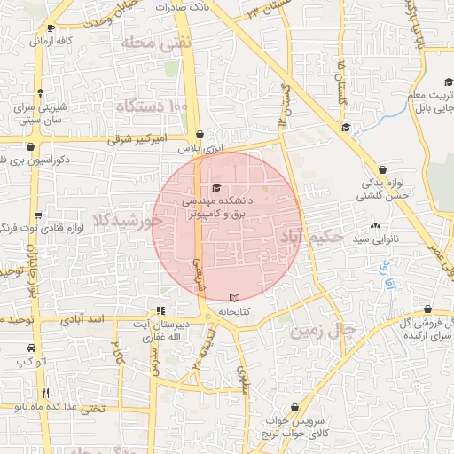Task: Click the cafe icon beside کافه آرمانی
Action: tap(32, 41)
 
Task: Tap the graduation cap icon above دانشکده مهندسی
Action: tap(217, 187)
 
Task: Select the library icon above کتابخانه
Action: tap(234, 298)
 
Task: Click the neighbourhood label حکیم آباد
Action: tap(311, 237)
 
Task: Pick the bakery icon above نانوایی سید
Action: tap(376, 226)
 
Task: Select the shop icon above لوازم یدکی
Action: tap(381, 168)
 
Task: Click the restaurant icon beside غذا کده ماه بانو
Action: tap(46, 392)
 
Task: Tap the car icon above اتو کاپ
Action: tap(31, 348)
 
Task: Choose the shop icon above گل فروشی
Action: tap(428, 309)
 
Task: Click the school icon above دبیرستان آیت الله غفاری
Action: tap(160, 311)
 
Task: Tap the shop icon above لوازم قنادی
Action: tap(38, 215)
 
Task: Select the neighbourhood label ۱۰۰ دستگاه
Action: tap(153, 107)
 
